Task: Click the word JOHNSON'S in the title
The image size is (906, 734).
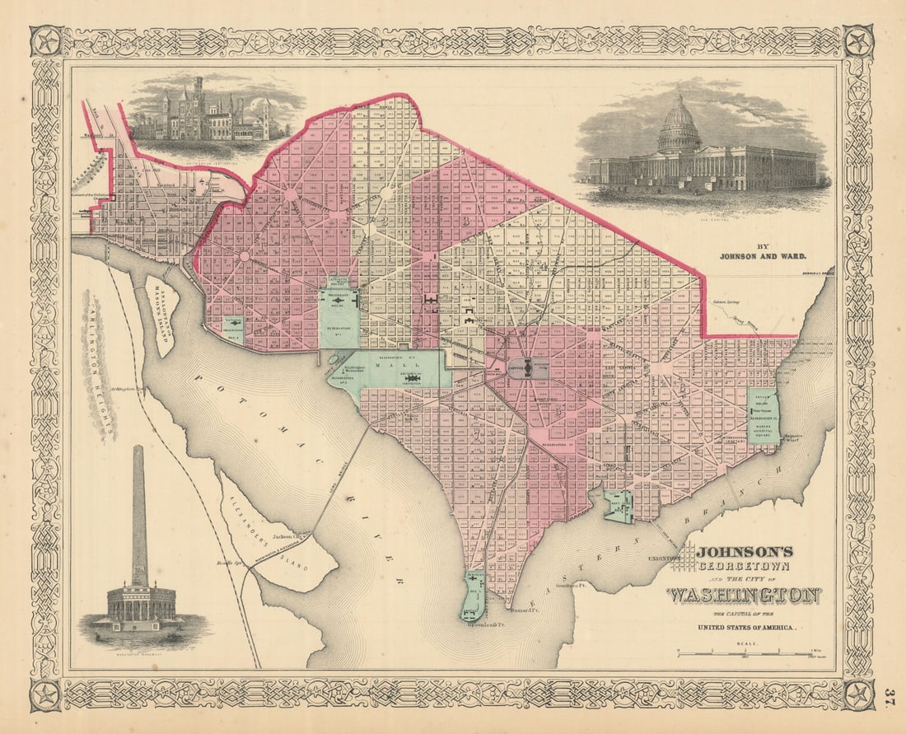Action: tap(745, 552)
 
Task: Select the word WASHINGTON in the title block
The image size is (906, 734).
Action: tap(742, 595)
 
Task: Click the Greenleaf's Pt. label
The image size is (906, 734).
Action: tap(464, 624)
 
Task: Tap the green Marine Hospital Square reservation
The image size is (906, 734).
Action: tap(763, 416)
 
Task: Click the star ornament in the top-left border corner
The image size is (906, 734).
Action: tap(44, 40)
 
